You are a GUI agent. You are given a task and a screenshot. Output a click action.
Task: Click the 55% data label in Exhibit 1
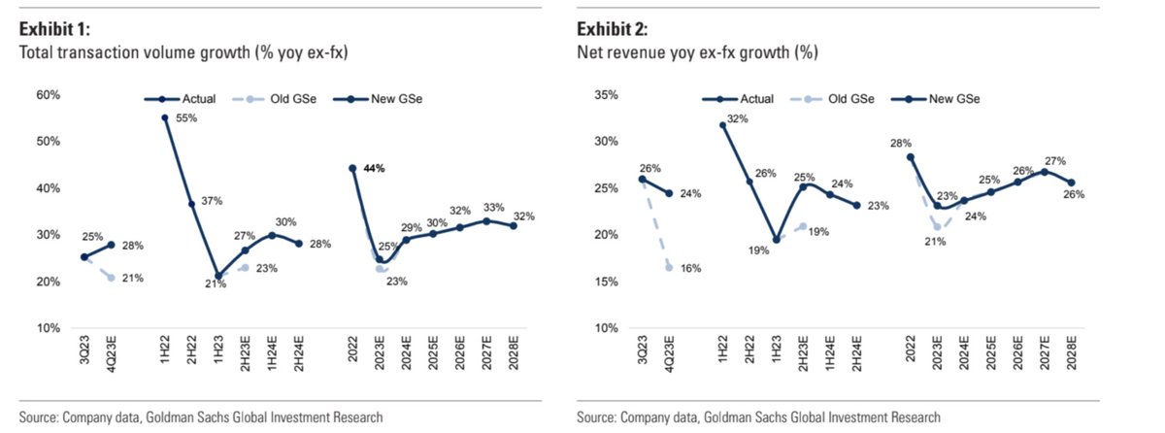point(185,118)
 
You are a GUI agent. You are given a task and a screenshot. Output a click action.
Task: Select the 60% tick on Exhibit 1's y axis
point(49,94)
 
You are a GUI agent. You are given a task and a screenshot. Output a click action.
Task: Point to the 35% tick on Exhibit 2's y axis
point(606,94)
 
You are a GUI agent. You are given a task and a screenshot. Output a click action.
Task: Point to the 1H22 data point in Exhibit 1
point(165,118)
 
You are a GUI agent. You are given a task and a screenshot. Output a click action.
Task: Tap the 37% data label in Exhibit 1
point(213,201)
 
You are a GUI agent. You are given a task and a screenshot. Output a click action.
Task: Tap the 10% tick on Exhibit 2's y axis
point(606,328)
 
